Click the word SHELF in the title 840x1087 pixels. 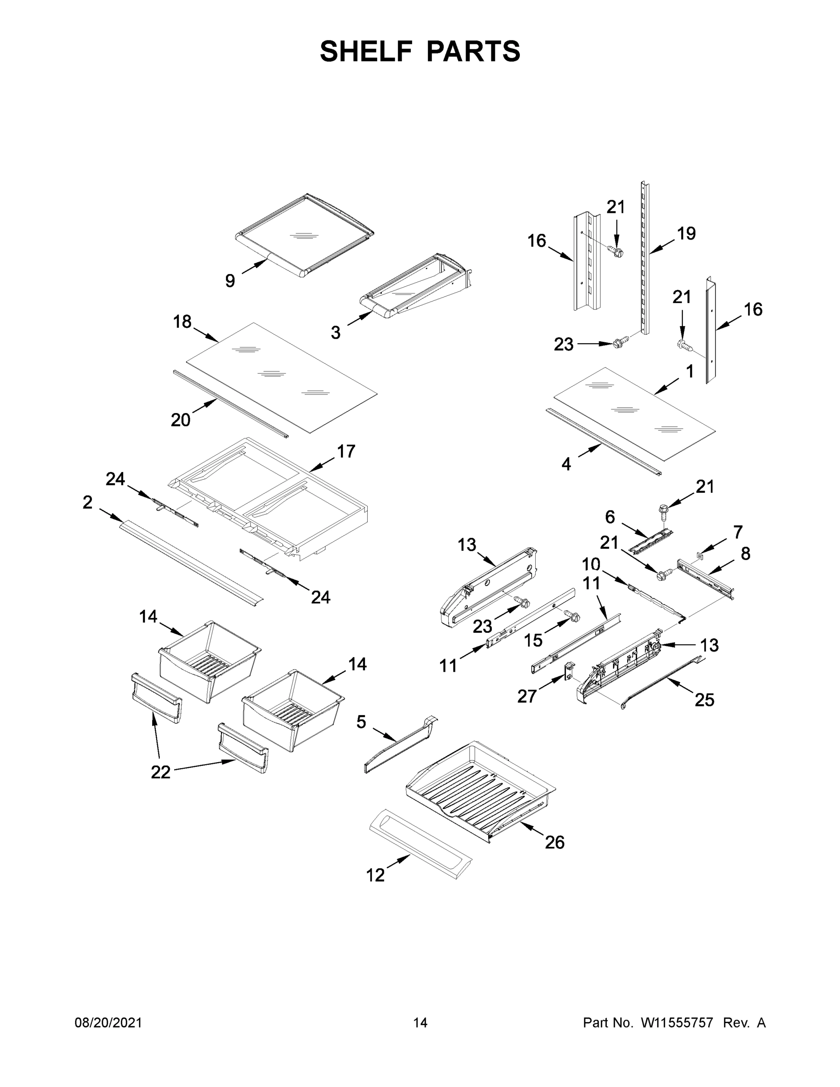(x=367, y=51)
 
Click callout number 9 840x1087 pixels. (x=230, y=281)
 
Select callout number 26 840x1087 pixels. (x=554, y=842)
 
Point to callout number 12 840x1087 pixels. (x=376, y=875)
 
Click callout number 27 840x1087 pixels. (x=527, y=696)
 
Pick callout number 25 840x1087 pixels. (x=705, y=700)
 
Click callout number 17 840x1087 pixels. (x=346, y=452)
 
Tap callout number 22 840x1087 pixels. (x=161, y=772)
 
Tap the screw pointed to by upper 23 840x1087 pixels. (x=619, y=343)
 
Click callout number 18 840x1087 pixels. (x=182, y=322)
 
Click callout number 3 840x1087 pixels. (x=336, y=333)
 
